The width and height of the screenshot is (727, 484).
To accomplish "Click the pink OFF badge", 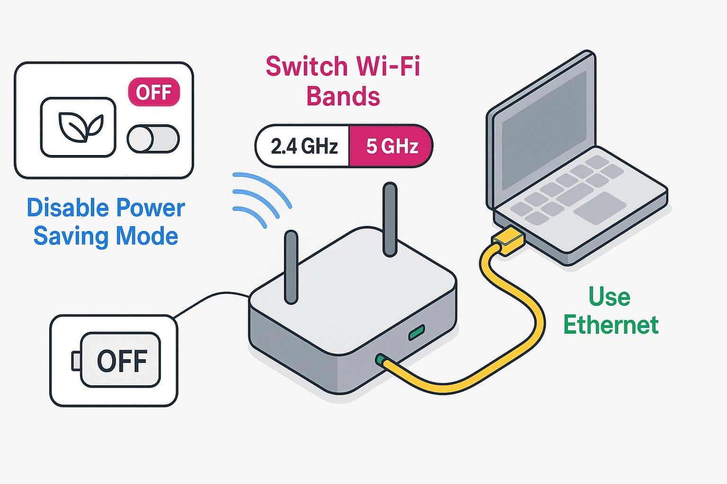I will tap(154, 92).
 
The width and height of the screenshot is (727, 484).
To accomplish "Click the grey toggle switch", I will tap(153, 139).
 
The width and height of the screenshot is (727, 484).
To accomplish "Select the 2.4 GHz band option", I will tap(303, 147).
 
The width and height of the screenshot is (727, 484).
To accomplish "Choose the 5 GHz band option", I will tap(391, 147).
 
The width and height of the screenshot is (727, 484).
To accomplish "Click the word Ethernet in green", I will tap(611, 325).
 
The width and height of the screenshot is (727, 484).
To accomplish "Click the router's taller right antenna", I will tap(390, 220).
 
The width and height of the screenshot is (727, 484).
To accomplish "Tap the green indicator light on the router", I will tap(417, 333).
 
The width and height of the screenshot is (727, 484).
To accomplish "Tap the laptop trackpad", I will tap(600, 207).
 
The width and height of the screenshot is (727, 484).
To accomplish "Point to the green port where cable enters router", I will tap(380, 360).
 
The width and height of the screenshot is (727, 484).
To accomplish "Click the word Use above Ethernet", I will tap(609, 297).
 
